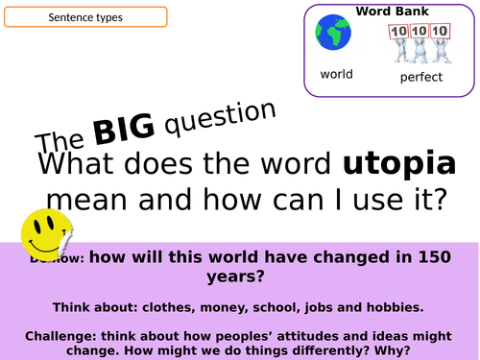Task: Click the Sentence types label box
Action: (84, 17)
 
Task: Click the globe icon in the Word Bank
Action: (335, 34)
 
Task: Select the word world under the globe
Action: (336, 74)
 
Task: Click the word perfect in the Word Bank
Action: (420, 77)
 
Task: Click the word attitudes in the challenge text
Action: (295, 333)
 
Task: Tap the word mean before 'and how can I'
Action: (88, 201)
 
